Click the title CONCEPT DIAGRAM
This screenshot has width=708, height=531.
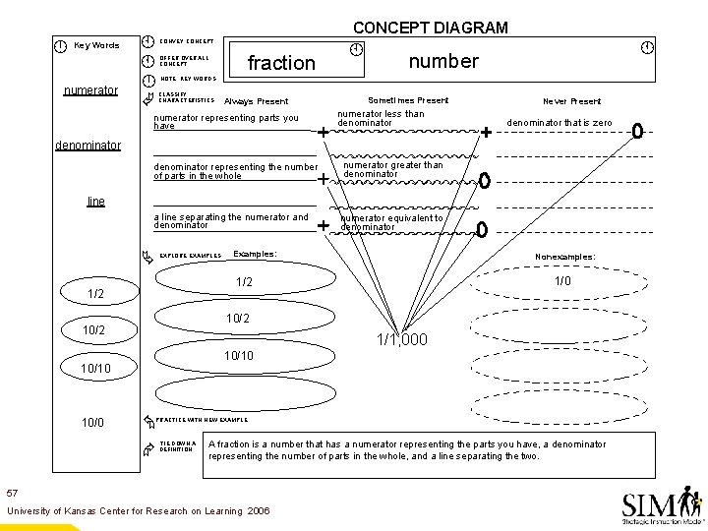point(431,28)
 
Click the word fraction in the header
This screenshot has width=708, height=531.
point(281,63)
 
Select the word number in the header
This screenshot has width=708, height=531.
point(443,61)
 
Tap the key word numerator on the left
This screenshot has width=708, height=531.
point(90,90)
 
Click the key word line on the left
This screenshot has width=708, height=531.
point(95,201)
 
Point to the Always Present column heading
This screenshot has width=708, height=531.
point(257,101)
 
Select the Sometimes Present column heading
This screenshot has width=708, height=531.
point(408,100)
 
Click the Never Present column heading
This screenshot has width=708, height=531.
point(571,101)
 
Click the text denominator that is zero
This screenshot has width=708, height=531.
point(559,122)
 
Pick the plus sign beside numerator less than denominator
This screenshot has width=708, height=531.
point(485,131)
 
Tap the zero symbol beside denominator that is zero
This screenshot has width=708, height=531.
point(636,130)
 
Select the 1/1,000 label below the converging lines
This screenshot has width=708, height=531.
point(402,339)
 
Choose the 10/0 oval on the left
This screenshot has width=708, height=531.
point(92,422)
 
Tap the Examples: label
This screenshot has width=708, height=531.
point(255,254)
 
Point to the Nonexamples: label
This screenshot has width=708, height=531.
point(564,257)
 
